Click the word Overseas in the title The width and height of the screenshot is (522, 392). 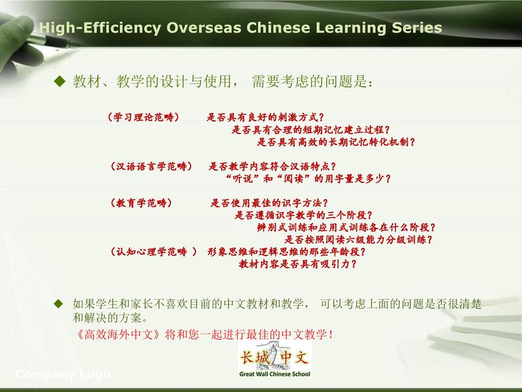point(204,28)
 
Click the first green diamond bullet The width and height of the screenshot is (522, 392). point(60,81)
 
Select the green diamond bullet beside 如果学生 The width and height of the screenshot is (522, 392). point(59,304)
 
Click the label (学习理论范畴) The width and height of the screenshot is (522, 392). point(143,117)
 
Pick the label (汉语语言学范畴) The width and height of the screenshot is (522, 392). point(152,166)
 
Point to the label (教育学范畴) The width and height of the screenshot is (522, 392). point(142,203)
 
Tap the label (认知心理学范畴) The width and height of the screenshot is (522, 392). point(154,252)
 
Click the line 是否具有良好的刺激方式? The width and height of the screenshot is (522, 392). point(265,117)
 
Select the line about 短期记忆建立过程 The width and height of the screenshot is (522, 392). point(311,129)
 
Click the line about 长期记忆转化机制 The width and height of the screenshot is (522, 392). point(336,142)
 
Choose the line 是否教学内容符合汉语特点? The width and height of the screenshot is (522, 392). point(272,166)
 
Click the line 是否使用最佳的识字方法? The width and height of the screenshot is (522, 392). point(269,203)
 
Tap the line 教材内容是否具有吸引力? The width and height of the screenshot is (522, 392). point(298,264)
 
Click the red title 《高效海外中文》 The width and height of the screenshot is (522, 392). point(119,334)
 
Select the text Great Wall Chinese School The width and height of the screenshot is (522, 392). point(274,374)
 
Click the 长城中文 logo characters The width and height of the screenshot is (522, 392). point(274,358)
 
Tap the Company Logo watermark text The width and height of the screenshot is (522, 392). point(63,374)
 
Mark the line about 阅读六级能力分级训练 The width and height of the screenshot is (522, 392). point(359,239)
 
